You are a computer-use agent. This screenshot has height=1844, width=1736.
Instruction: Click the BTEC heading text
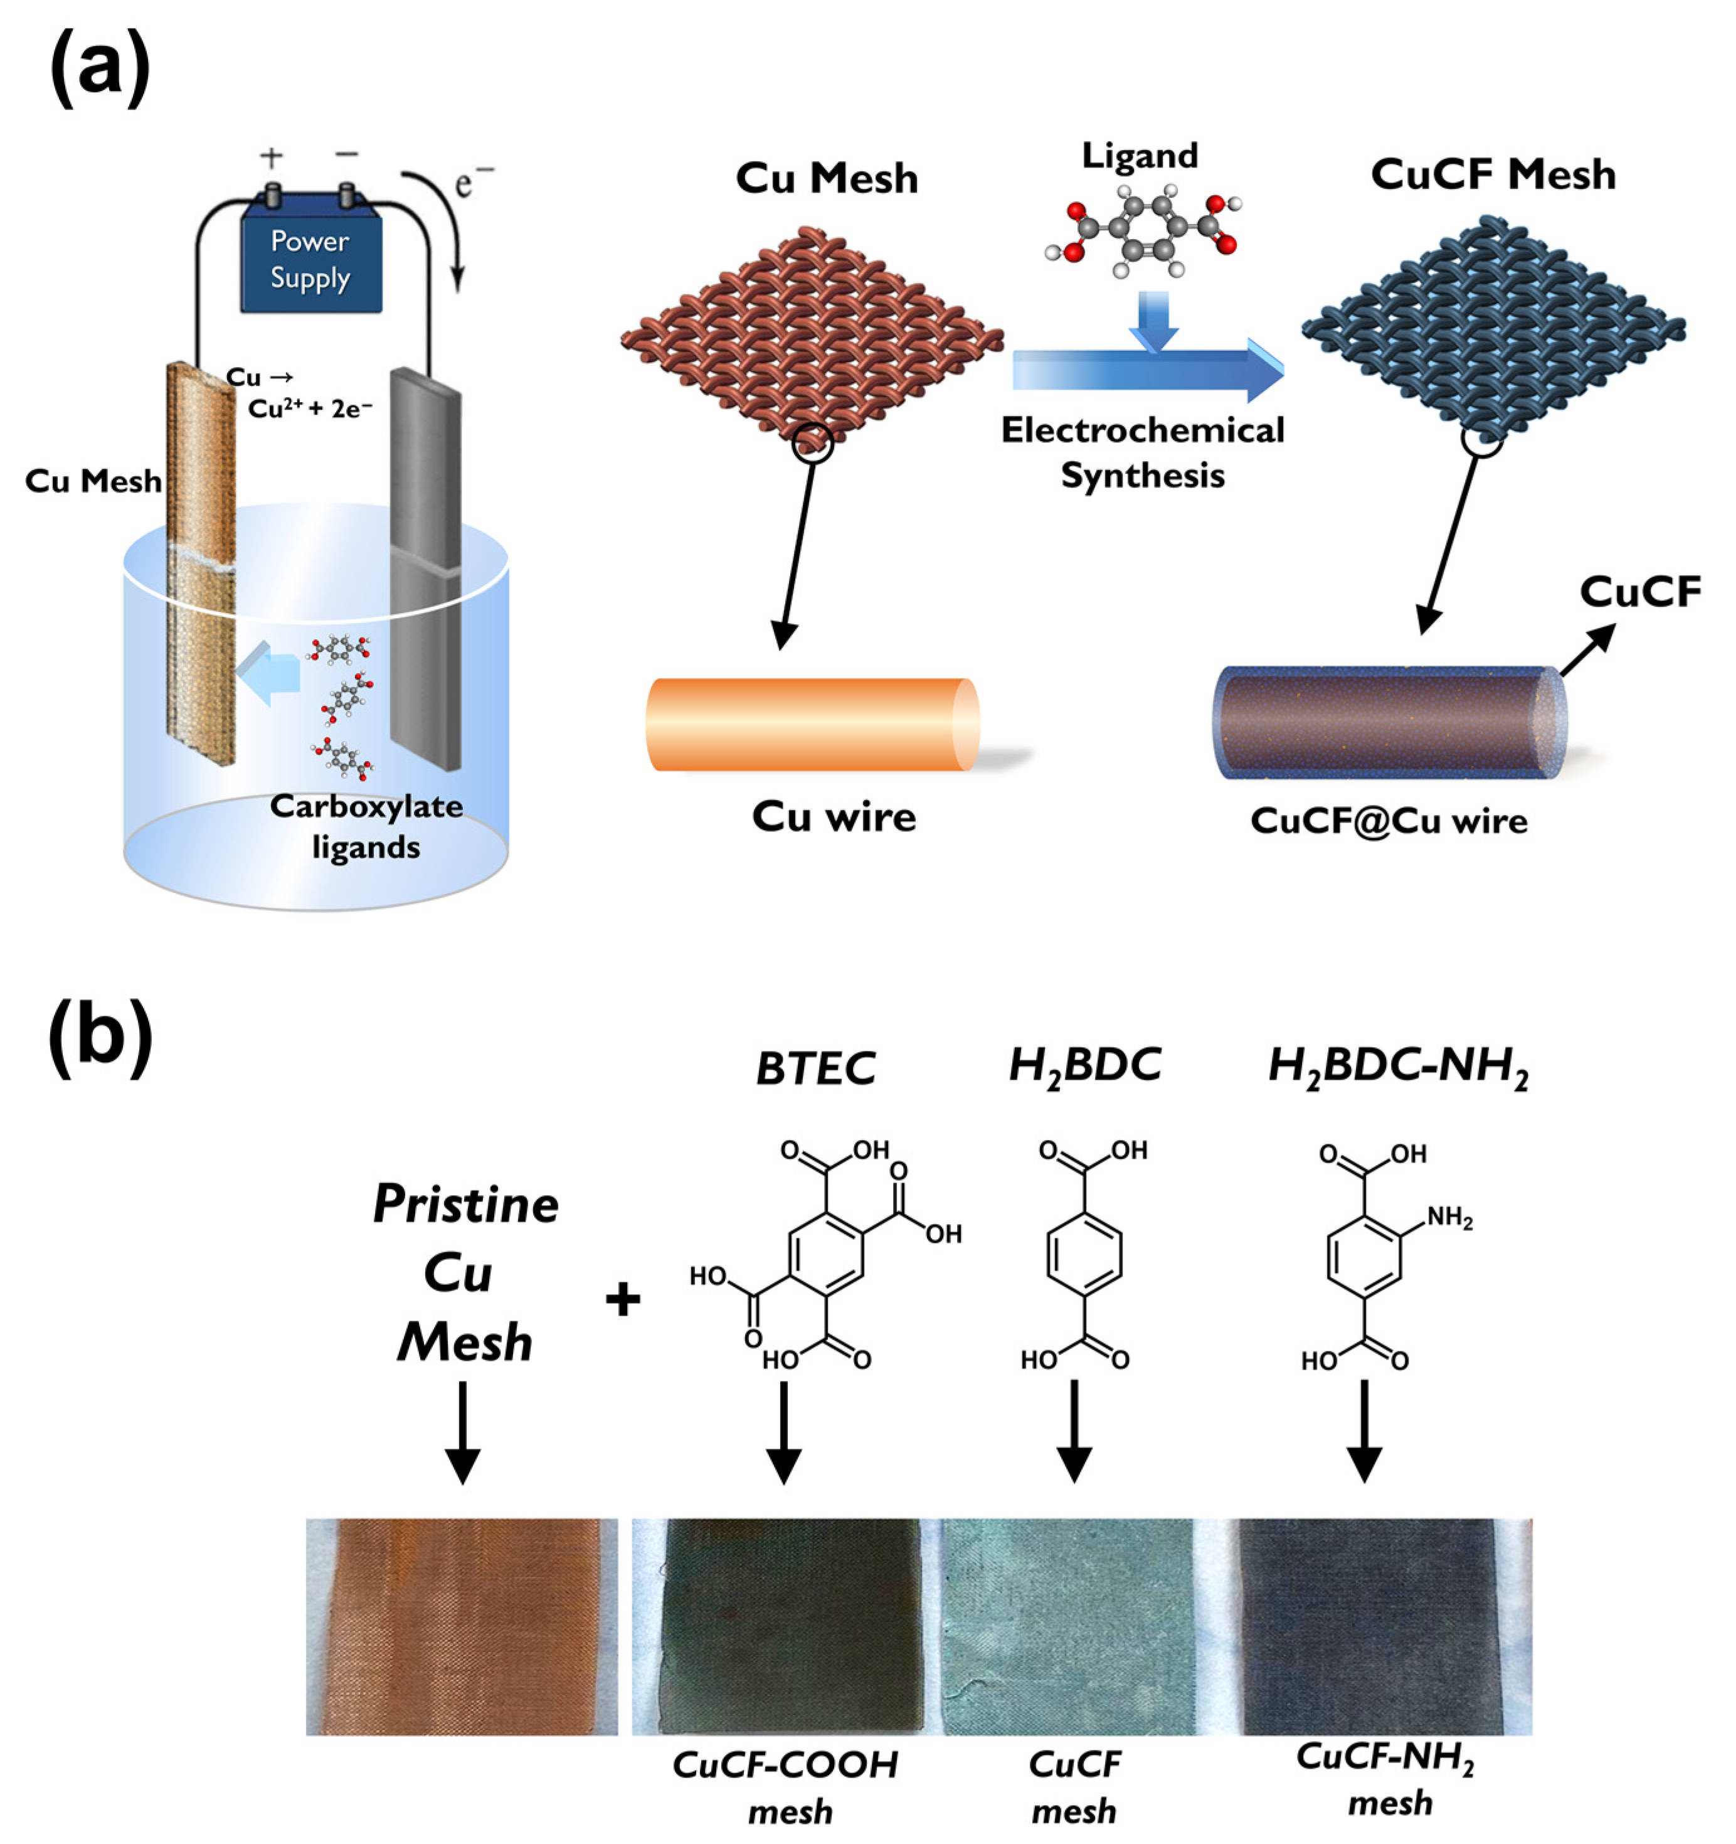(814, 1069)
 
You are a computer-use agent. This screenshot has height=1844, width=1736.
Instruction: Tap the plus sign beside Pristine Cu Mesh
(623, 1299)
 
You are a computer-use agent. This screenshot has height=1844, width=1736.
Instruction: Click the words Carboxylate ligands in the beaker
(366, 826)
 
